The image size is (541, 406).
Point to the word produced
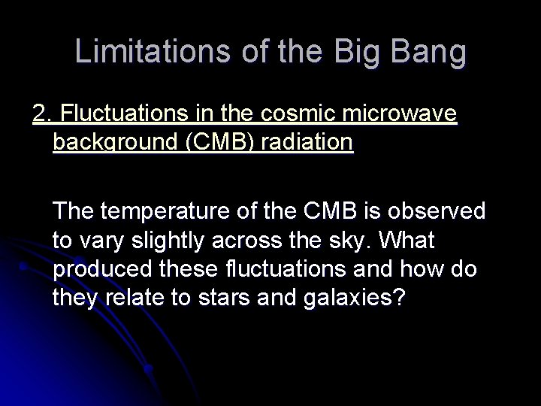(98, 268)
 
